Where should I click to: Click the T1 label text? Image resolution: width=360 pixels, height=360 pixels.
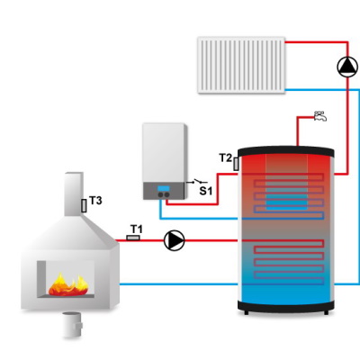click(137, 229)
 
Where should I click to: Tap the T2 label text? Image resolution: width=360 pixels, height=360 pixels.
click(226, 157)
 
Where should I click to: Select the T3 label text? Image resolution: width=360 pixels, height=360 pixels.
click(95, 201)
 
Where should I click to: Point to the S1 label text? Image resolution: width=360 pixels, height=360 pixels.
click(206, 191)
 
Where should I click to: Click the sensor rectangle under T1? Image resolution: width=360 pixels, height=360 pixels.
click(133, 238)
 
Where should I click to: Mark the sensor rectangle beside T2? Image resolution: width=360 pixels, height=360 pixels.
click(236, 164)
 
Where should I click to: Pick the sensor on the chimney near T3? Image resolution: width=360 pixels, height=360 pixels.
click(84, 206)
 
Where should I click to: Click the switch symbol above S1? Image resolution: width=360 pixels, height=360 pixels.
click(197, 181)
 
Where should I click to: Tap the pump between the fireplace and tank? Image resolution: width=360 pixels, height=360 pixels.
click(175, 240)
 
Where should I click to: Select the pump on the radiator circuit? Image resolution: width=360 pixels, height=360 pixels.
click(347, 67)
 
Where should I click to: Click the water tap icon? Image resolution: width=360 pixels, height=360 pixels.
click(320, 116)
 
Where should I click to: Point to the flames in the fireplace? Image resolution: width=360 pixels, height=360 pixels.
click(68, 285)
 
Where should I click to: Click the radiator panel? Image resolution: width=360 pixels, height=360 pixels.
click(241, 65)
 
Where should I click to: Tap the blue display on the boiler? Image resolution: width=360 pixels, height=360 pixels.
click(164, 188)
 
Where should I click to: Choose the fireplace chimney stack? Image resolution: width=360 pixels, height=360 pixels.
click(74, 193)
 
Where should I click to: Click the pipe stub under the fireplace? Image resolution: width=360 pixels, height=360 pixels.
click(72, 325)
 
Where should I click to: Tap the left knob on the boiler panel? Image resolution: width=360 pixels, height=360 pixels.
click(160, 194)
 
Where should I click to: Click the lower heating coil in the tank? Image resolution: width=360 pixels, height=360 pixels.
click(288, 262)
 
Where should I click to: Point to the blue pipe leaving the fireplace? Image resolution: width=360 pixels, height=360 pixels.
click(178, 283)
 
